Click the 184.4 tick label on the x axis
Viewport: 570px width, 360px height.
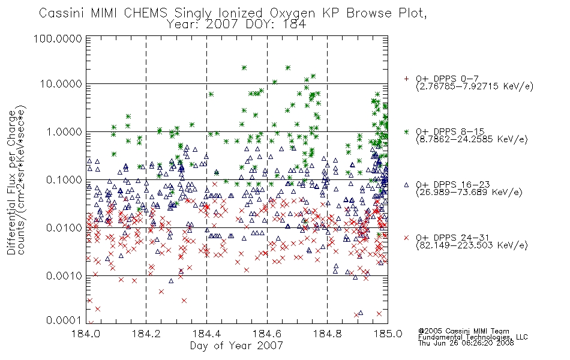point(206,334)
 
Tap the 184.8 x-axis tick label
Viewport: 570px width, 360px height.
point(327,334)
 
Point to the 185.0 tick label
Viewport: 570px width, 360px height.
point(388,334)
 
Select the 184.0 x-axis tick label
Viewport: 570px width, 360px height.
point(86,334)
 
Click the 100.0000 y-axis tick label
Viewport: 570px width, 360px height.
point(58,38)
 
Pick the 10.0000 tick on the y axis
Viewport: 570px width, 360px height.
point(61,84)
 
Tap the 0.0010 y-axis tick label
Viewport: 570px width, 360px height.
point(64,276)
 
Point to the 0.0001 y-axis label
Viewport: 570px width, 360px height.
point(64,320)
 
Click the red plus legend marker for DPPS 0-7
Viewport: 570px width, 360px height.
point(406,79)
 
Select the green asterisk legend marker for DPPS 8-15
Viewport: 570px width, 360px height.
point(406,131)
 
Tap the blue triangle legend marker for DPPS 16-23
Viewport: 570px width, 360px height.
point(406,185)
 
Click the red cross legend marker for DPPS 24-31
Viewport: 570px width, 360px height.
point(406,238)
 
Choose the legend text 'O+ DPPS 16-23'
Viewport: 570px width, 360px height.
point(452,185)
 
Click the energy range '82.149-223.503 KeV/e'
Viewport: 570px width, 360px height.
point(472,245)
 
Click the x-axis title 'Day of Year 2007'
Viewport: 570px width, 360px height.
point(236,346)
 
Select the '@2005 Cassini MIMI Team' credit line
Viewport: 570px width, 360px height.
point(463,331)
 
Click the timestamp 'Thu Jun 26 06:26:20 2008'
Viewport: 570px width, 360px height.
point(466,343)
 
